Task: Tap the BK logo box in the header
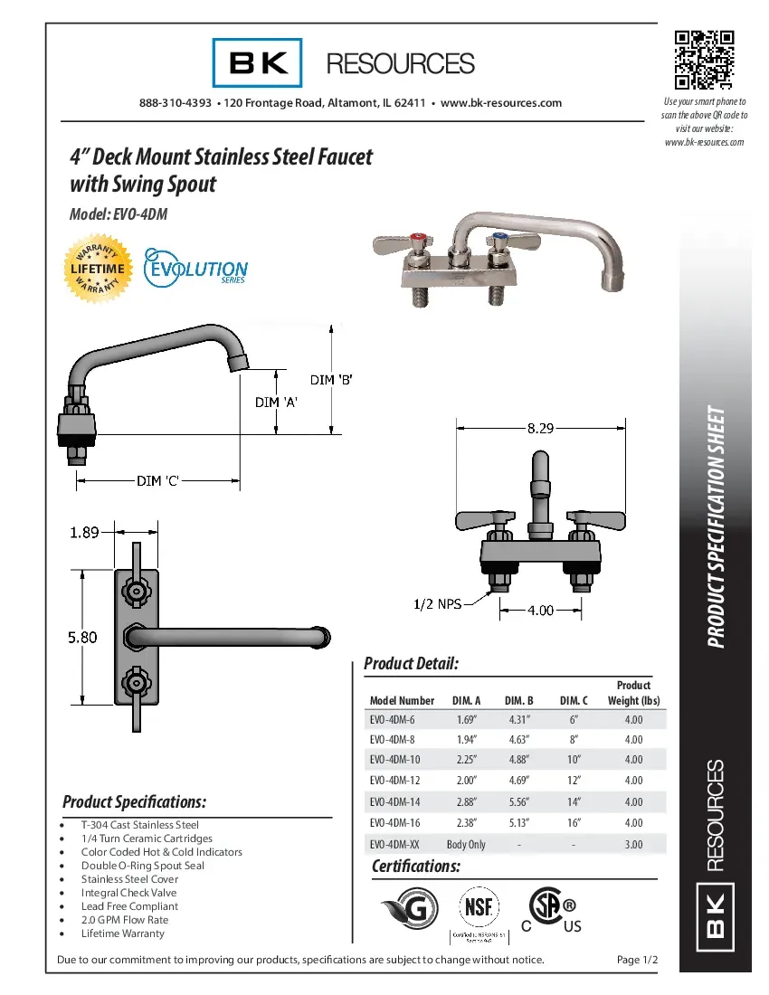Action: (258, 62)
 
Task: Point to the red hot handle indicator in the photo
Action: (418, 241)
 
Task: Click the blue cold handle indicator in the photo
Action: (497, 240)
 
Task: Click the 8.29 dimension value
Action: (540, 429)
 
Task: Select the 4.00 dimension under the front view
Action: (540, 611)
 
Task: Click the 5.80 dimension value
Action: (82, 637)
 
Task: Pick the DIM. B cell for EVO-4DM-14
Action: (519, 802)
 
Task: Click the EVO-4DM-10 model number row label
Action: (394, 760)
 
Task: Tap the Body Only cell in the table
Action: (466, 844)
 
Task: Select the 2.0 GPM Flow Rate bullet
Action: (125, 920)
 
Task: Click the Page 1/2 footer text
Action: (637, 960)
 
